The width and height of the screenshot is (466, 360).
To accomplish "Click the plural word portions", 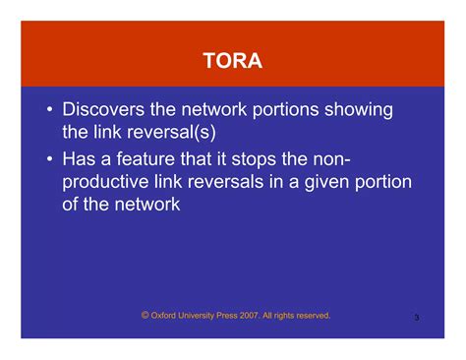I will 279,109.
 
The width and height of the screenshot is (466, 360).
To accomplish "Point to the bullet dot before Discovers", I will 48,110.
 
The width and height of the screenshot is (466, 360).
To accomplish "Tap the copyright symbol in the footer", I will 145,315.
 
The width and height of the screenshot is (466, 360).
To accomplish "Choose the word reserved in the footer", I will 312,316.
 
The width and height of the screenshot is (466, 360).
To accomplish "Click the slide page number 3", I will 417,318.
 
